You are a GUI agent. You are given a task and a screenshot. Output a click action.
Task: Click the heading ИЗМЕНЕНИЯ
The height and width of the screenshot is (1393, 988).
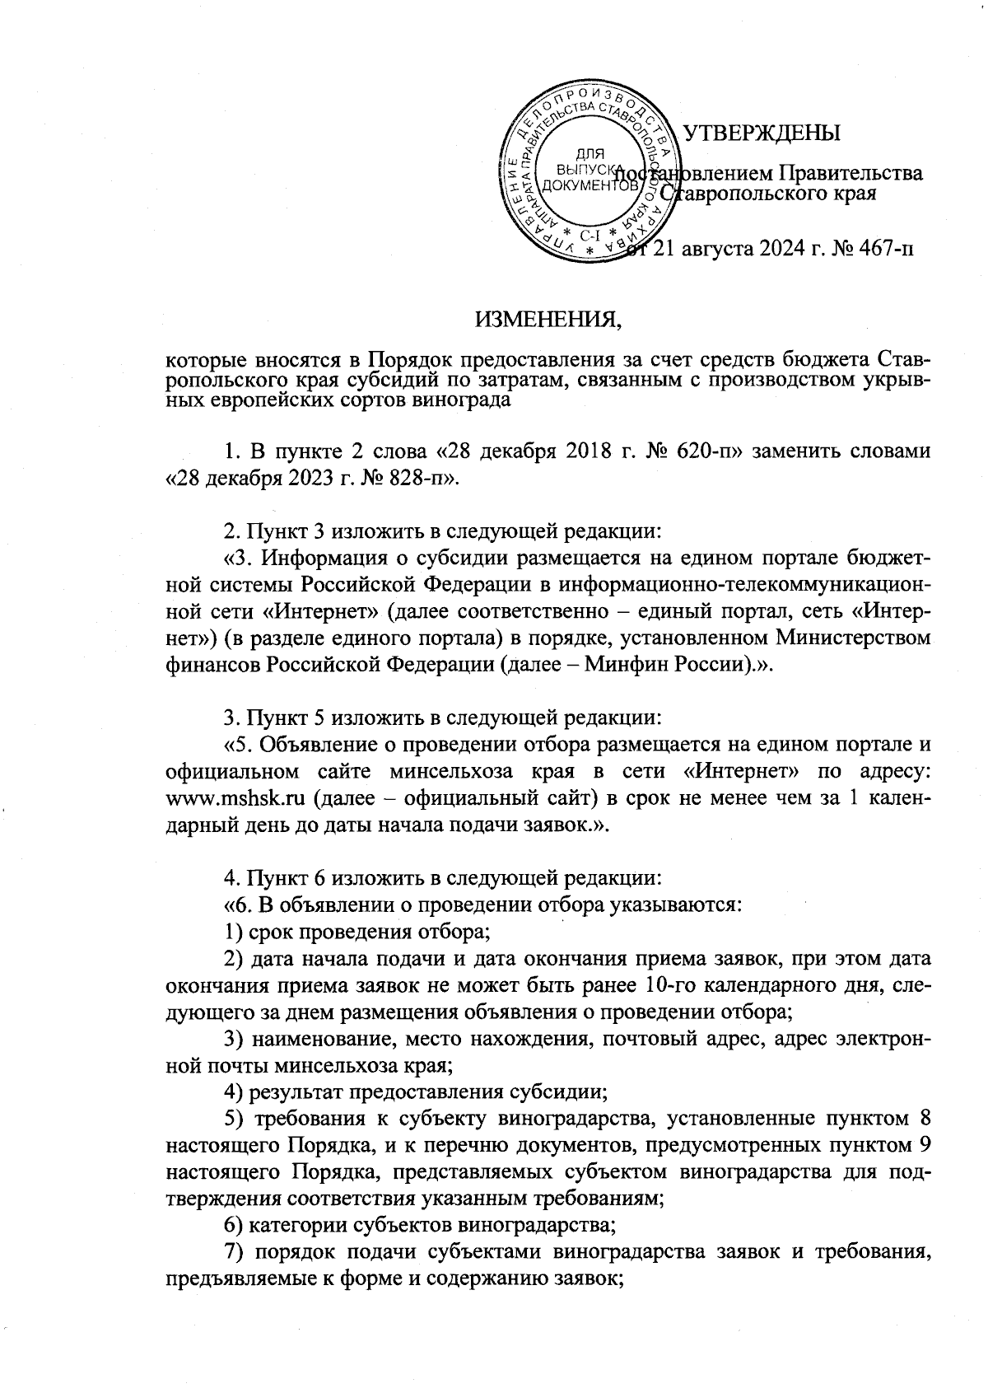pos(548,320)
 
